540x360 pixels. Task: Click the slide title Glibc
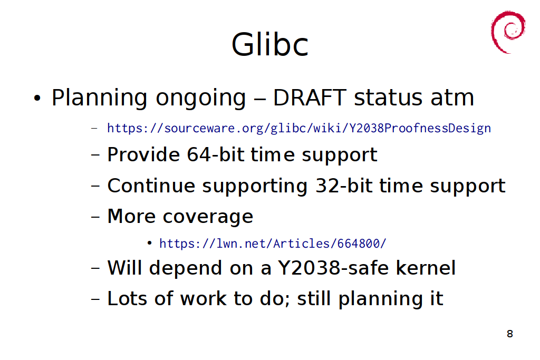coord(269,44)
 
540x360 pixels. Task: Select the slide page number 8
coord(510,334)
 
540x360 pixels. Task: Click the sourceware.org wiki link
coord(299,128)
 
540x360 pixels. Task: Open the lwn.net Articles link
coord(273,244)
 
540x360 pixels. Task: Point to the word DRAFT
coord(310,98)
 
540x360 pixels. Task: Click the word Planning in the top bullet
coord(100,98)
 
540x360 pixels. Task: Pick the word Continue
coord(151,186)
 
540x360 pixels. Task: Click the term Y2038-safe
coord(333,268)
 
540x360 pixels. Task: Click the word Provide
coord(143,154)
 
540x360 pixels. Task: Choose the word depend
coord(185,269)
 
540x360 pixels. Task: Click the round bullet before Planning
coord(37,98)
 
